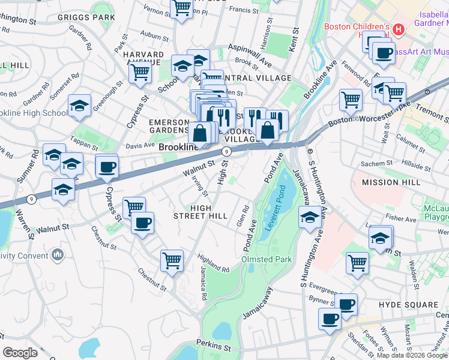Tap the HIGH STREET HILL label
(200, 211)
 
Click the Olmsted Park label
(266, 259)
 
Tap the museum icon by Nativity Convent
(58, 256)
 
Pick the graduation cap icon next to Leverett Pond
(310, 217)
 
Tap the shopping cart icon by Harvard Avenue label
(140, 73)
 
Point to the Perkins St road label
(214, 348)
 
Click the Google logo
(20, 353)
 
